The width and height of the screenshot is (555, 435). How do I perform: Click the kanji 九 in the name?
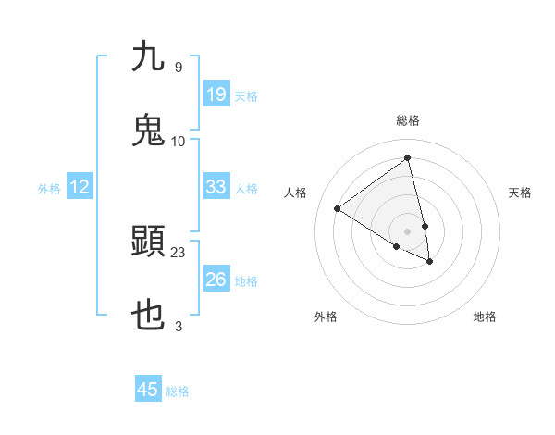(x=148, y=56)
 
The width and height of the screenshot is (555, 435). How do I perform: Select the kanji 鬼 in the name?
(x=148, y=130)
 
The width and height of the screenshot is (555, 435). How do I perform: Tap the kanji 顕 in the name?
(x=148, y=242)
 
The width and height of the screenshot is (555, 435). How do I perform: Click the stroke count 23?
(x=179, y=252)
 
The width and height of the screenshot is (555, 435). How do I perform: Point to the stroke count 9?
(x=179, y=67)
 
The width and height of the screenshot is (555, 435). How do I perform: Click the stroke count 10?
(x=179, y=141)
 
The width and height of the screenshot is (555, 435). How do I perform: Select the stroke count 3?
(x=179, y=326)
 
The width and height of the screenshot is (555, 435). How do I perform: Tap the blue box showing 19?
(x=216, y=93)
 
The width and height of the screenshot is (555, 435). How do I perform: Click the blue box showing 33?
(x=216, y=187)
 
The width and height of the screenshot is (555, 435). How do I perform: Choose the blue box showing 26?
(x=216, y=280)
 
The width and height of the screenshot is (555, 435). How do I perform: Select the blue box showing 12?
(x=80, y=187)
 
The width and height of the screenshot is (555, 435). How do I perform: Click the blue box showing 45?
(x=148, y=390)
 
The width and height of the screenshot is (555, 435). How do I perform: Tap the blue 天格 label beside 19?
(x=246, y=95)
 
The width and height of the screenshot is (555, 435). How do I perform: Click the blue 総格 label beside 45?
(x=178, y=391)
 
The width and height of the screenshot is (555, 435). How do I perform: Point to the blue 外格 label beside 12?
(x=49, y=189)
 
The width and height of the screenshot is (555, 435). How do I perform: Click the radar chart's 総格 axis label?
(x=408, y=120)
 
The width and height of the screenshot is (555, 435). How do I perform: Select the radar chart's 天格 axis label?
(x=520, y=193)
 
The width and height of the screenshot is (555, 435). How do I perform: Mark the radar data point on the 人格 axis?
(x=338, y=208)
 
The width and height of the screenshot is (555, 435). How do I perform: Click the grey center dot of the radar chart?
(x=408, y=230)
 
